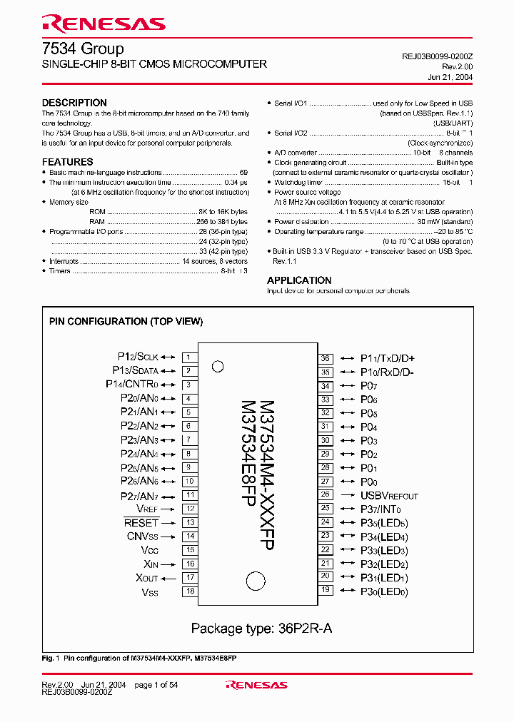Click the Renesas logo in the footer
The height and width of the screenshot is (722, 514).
tap(256, 685)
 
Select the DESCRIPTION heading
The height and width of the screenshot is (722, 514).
tap(74, 103)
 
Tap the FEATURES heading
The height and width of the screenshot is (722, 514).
tap(67, 162)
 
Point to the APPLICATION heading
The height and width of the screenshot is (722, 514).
tap(299, 280)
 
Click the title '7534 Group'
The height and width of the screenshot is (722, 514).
tap(82, 49)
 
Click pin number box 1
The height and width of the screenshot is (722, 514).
tap(189, 357)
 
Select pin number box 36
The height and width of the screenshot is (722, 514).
tap(326, 358)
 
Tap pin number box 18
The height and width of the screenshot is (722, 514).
tap(189, 591)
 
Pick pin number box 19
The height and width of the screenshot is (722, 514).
tap(326, 590)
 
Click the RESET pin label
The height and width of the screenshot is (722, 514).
tap(141, 523)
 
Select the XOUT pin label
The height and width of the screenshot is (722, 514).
tap(147, 578)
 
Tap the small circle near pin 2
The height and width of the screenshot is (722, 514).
tap(218, 367)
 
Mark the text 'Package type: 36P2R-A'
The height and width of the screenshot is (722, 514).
tap(261, 629)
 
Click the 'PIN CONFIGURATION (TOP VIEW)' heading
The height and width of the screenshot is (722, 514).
tap(126, 322)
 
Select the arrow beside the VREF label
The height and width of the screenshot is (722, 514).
tap(168, 509)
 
